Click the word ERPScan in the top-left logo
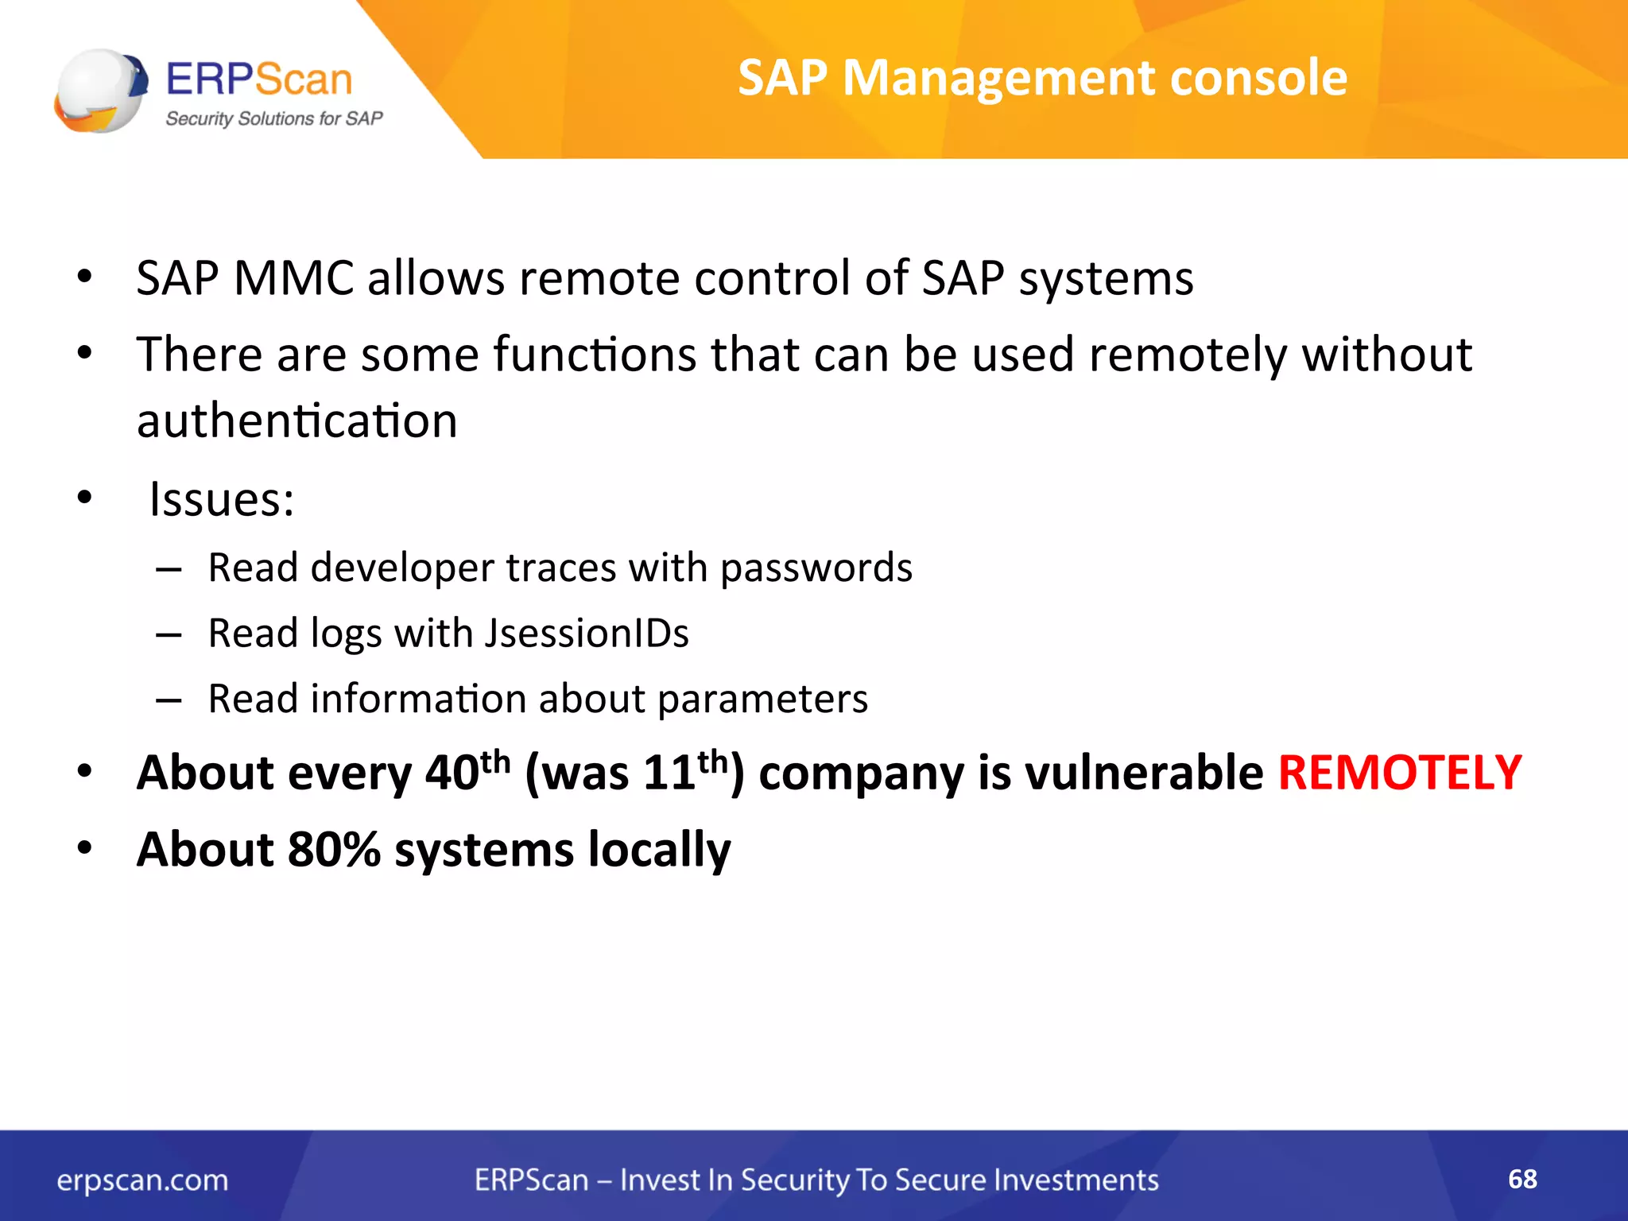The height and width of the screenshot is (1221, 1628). (259, 79)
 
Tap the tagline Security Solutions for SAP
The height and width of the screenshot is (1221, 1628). (273, 119)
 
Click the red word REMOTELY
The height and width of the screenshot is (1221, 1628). (1399, 773)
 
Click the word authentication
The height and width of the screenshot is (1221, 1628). (297, 421)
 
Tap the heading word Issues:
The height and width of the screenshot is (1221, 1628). (222, 501)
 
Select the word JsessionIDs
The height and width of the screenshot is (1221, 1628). (587, 634)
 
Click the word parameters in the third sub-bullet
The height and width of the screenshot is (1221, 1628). (762, 700)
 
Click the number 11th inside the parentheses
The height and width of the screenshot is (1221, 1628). (684, 771)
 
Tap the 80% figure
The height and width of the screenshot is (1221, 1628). (334, 849)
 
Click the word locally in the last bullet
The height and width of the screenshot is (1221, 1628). (659, 851)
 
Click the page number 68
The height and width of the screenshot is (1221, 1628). (1521, 1179)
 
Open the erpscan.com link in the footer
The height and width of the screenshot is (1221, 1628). (142, 1180)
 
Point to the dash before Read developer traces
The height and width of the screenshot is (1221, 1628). (169, 570)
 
